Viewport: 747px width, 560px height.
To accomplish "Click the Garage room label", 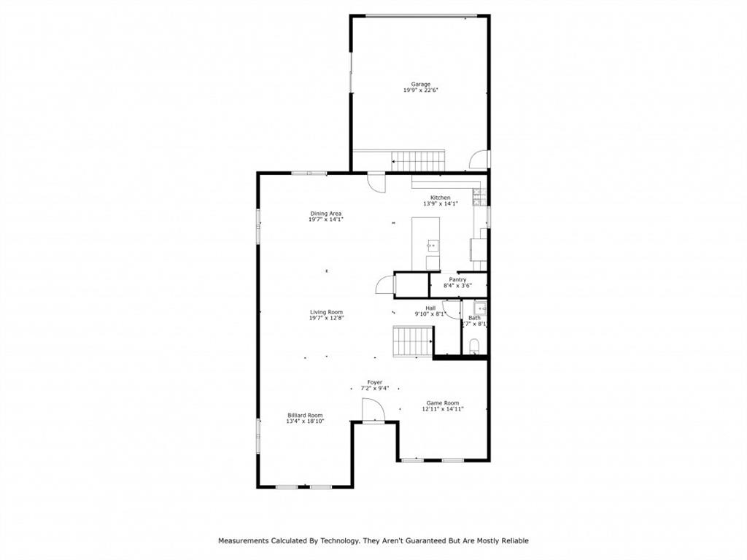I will tap(420, 84).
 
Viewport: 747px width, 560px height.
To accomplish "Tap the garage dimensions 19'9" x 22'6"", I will tap(420, 90).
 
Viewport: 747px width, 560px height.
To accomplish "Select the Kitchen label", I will tap(440, 198).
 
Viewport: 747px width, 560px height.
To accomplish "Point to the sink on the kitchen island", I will tap(432, 245).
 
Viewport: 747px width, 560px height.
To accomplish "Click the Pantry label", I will tap(457, 279).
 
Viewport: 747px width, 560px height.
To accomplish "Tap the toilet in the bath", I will tap(474, 346).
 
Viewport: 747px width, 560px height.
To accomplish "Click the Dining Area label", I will tap(325, 214).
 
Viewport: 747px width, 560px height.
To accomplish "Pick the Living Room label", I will tap(326, 312).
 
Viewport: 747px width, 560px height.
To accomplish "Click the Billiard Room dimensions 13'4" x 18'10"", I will tap(305, 421).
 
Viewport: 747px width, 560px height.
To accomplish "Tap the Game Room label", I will tap(443, 402).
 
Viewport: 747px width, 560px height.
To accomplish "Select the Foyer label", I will tap(375, 382).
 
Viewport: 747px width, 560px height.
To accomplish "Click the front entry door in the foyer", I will tap(372, 412).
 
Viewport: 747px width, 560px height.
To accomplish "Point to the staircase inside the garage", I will tap(418, 160).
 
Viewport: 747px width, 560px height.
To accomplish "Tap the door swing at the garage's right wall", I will tap(479, 159).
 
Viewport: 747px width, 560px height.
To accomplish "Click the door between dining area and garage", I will tap(376, 182).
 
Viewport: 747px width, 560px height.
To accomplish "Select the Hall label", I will tap(430, 308).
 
